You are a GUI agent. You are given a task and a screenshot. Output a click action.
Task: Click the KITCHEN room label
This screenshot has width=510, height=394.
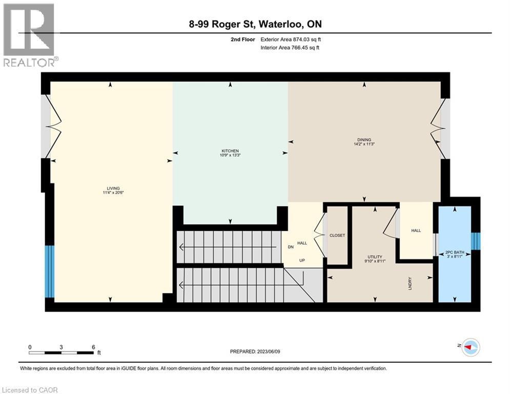(230, 150)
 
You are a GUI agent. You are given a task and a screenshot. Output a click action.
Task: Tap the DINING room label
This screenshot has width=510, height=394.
(364, 140)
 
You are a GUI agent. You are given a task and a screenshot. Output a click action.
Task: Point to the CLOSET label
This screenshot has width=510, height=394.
(337, 235)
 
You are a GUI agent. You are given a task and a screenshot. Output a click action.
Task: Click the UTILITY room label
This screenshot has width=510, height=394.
(374, 257)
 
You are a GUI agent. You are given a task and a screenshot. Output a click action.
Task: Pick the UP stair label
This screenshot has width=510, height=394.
(302, 260)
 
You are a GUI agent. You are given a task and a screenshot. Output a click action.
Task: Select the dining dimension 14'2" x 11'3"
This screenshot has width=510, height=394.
(364, 144)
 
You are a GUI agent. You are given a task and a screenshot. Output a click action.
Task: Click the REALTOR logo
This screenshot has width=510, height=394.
(30, 35)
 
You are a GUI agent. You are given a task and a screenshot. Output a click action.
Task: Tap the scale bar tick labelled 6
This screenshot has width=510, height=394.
(93, 346)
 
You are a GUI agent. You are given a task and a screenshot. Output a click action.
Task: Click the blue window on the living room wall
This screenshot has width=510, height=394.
(49, 271)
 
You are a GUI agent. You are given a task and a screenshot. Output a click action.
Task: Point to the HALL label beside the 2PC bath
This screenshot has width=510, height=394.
(416, 230)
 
